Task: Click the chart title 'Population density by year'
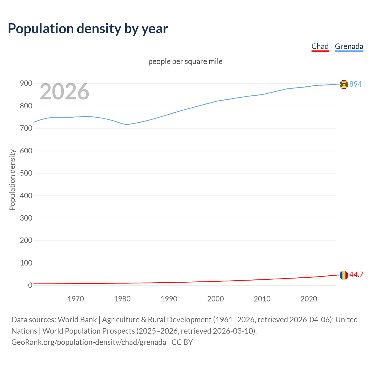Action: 88,28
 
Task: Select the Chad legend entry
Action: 320,46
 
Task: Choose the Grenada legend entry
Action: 349,46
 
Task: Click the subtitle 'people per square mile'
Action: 185,61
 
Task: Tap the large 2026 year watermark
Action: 64,92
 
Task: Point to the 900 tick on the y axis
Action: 26,83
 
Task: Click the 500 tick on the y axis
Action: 26,173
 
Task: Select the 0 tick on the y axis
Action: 30,285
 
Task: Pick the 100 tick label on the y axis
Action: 26,263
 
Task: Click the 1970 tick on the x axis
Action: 76,299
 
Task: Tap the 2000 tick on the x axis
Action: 216,299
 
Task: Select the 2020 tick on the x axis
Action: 309,299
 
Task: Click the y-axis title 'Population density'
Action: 12,180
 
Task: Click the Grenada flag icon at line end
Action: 344,84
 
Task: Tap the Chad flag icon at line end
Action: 344,275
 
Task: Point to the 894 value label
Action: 356,84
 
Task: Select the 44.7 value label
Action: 356,274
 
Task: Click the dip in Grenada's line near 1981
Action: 127,124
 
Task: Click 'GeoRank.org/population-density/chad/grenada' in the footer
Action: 89,342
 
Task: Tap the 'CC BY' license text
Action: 182,342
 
